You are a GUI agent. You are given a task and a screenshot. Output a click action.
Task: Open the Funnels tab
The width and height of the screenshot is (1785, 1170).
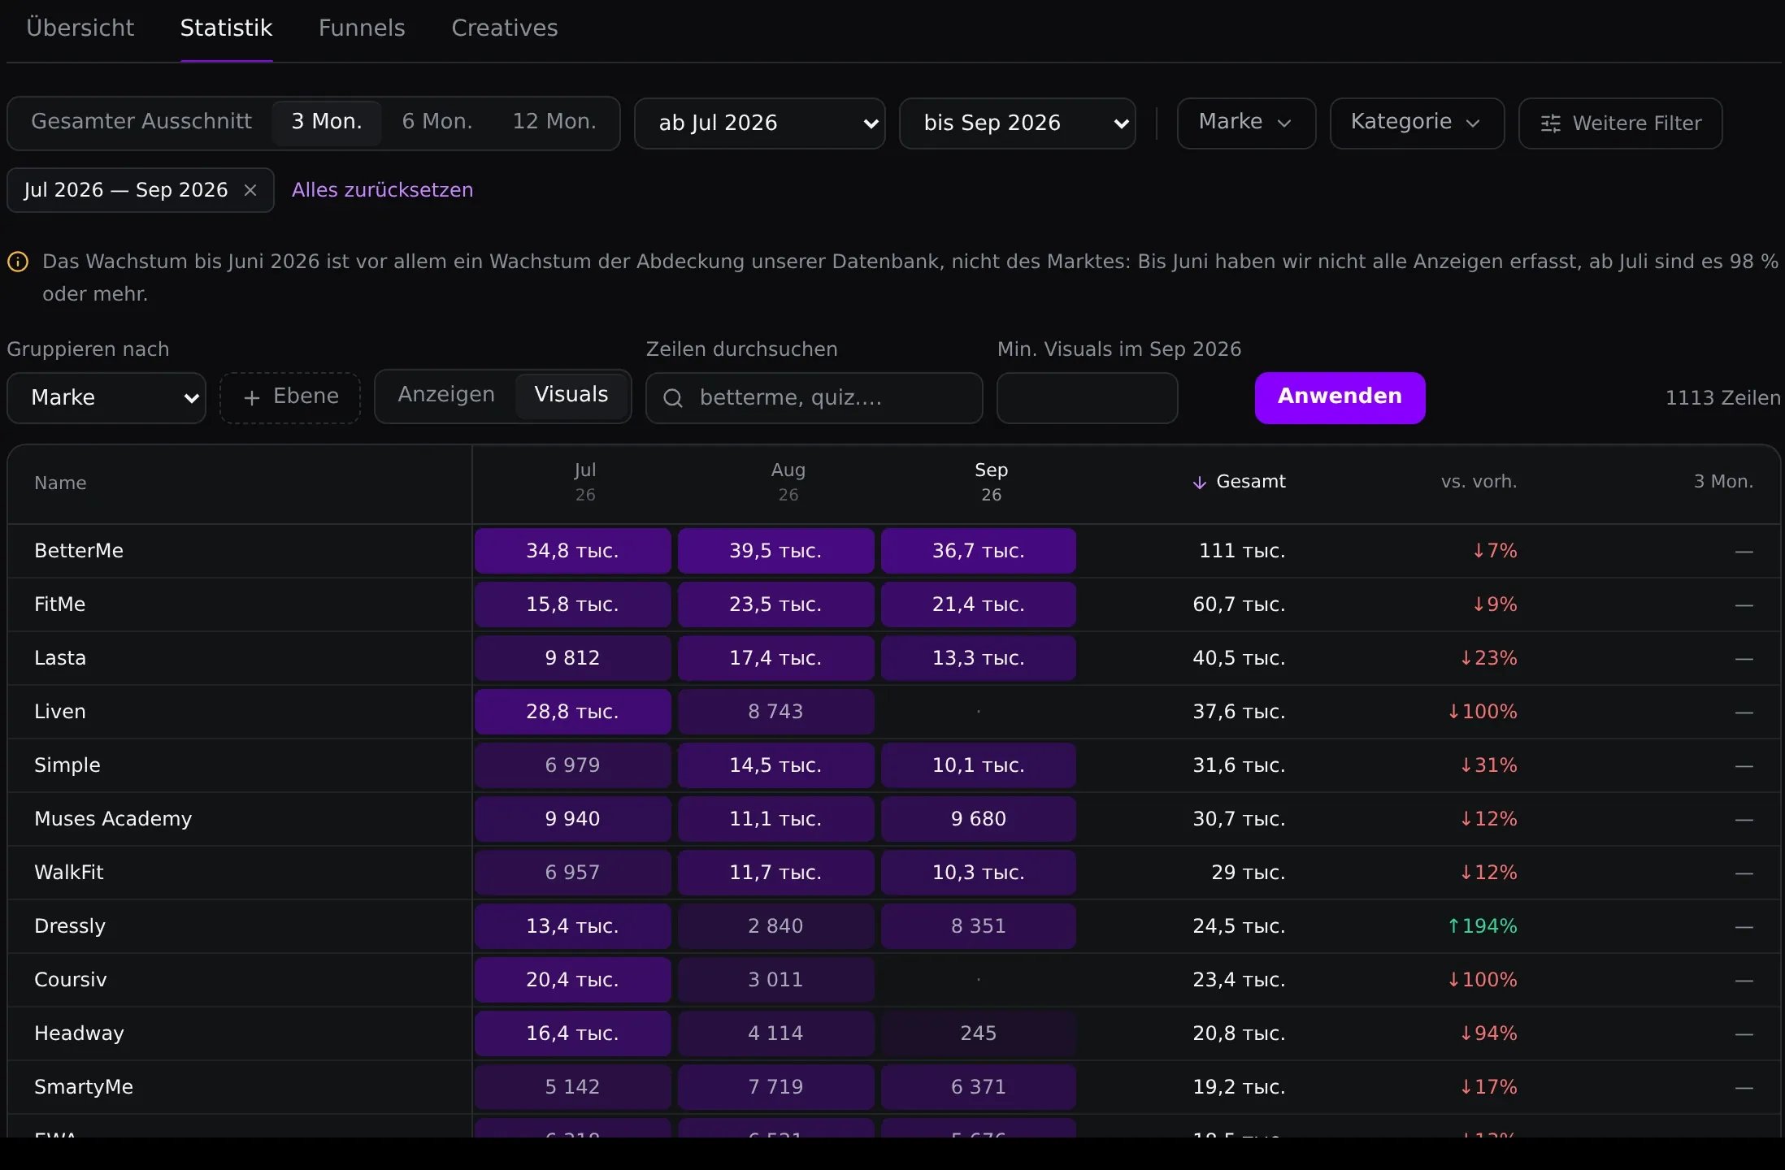point(362,28)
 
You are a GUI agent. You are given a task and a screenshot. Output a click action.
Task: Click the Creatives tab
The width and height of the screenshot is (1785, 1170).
point(505,28)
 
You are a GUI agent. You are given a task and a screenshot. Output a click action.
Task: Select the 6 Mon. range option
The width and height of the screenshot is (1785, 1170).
point(437,122)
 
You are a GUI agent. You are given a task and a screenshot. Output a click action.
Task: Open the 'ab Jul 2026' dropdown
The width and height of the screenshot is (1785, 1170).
point(760,123)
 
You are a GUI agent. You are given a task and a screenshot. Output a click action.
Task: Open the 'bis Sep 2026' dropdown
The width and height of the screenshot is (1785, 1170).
point(1018,123)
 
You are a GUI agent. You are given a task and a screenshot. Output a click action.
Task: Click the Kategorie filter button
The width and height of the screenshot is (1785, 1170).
point(1417,123)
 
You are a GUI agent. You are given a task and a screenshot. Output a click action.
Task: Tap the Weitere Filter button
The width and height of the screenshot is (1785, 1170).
point(1620,123)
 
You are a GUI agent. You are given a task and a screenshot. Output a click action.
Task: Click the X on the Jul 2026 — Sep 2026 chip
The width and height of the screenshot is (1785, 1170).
point(250,190)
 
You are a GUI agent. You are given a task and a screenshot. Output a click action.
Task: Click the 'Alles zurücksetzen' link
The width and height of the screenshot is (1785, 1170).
point(382,190)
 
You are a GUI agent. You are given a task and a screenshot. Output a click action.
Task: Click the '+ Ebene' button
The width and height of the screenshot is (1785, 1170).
point(290,397)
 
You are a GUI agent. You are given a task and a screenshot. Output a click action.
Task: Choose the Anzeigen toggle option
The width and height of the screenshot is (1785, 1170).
point(446,395)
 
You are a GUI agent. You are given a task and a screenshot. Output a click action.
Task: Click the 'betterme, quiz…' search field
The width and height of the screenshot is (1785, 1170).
point(814,398)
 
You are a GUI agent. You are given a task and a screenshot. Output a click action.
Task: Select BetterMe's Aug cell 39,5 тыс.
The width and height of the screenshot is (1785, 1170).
point(776,551)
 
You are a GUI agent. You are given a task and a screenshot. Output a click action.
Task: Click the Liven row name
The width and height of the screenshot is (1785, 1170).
point(60,712)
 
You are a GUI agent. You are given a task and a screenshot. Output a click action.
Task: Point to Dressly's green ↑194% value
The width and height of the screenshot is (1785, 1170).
point(1482,926)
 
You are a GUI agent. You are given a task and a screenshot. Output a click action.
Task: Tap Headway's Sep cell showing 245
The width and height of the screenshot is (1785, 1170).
point(979,1033)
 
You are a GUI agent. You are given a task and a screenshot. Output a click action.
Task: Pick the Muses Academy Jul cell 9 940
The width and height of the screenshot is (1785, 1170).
point(573,819)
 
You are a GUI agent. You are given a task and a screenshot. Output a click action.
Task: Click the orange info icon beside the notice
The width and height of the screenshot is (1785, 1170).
point(18,262)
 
